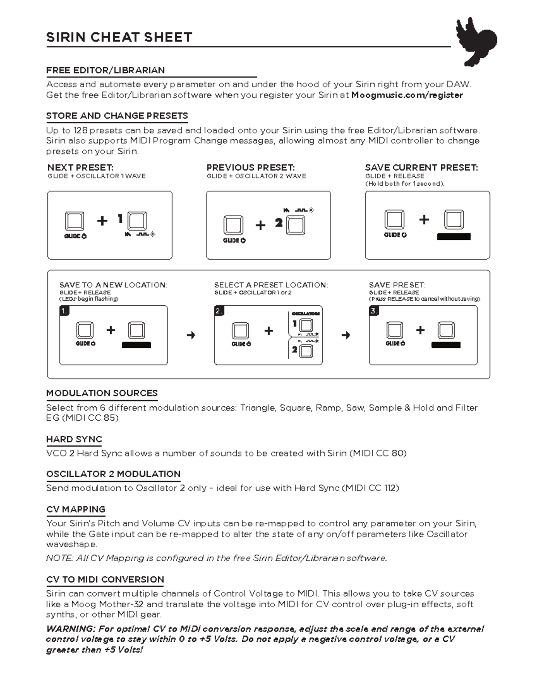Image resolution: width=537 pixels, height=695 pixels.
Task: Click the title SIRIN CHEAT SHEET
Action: [x=119, y=37]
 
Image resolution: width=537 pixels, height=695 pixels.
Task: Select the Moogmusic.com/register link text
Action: [x=407, y=95]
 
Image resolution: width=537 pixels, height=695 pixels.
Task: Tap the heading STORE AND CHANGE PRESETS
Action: [x=117, y=116]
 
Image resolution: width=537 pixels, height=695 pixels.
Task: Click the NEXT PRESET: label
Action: [x=81, y=168]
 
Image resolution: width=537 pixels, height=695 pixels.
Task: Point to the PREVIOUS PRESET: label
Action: [x=251, y=168]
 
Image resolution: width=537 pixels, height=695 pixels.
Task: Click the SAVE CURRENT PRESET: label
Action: [x=421, y=168]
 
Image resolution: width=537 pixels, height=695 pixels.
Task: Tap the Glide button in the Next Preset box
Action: [x=74, y=221]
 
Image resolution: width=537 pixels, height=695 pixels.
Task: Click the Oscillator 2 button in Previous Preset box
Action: [x=296, y=225]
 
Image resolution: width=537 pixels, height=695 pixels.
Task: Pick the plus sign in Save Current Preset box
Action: [x=424, y=219]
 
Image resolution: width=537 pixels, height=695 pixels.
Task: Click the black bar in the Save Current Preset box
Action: [x=453, y=237]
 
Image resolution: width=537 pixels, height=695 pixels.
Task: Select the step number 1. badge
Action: [x=65, y=311]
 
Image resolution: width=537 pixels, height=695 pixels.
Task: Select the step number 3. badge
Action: [x=374, y=311]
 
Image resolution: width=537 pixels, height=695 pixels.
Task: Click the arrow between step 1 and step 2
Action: [x=191, y=335]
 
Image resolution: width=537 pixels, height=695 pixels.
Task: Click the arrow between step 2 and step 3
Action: [x=346, y=335]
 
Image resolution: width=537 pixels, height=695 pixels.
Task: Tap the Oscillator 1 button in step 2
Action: [x=306, y=324]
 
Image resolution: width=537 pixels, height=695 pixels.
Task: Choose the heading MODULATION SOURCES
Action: [x=102, y=393]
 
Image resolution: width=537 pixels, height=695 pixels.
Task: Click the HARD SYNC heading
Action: [x=74, y=439]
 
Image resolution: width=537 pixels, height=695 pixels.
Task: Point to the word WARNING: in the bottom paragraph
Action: [x=71, y=629]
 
